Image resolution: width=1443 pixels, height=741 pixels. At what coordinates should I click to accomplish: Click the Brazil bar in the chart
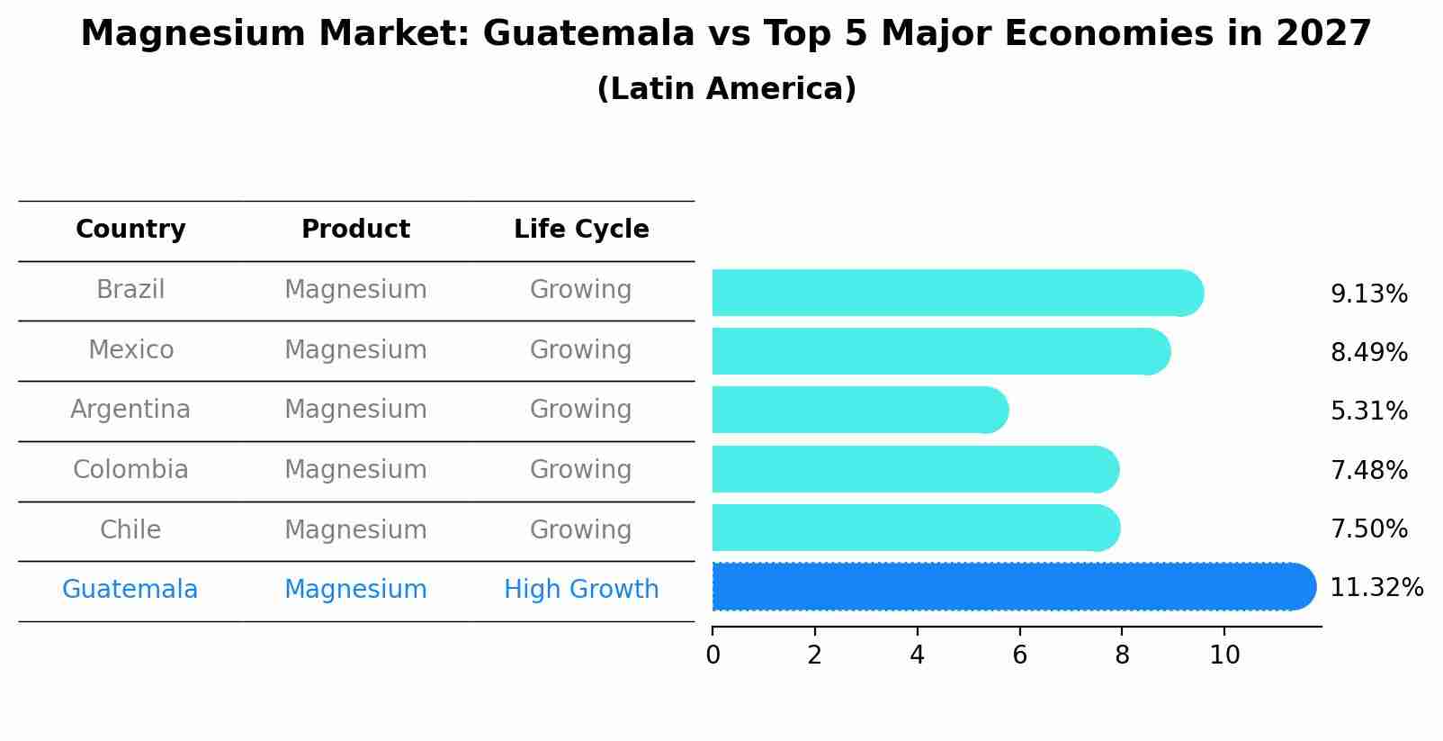point(954,293)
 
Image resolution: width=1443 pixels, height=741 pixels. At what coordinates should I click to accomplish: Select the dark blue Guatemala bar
point(1008,587)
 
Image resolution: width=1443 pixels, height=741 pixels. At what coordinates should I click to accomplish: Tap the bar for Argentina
point(859,411)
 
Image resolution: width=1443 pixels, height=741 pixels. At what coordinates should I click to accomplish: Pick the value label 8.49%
point(1368,353)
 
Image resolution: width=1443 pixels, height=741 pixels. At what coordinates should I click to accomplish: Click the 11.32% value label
point(1376,588)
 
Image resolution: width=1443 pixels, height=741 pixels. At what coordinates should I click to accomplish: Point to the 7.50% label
point(1368,529)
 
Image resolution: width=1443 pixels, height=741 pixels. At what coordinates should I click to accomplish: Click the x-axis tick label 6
point(1019,655)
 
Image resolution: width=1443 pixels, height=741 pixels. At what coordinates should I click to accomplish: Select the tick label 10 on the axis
point(1224,655)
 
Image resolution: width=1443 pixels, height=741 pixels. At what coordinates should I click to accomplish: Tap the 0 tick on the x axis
point(713,655)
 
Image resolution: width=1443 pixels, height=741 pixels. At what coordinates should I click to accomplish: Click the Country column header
point(130,230)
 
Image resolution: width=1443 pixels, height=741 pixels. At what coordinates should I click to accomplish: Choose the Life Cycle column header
point(581,230)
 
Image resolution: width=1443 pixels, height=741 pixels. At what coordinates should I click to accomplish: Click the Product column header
point(355,230)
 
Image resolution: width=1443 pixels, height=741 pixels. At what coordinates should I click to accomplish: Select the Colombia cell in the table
point(130,470)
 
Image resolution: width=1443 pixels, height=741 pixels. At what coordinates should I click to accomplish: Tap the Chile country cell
point(130,530)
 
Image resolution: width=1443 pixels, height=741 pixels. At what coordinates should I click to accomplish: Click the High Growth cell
point(581,590)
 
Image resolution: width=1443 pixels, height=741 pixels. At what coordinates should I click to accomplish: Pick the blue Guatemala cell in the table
point(130,590)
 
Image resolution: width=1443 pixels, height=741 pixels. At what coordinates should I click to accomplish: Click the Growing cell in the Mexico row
point(581,350)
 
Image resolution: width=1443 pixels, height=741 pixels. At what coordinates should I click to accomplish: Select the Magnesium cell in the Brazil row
point(355,290)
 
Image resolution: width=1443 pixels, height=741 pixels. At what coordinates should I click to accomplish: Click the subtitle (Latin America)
point(726,89)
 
